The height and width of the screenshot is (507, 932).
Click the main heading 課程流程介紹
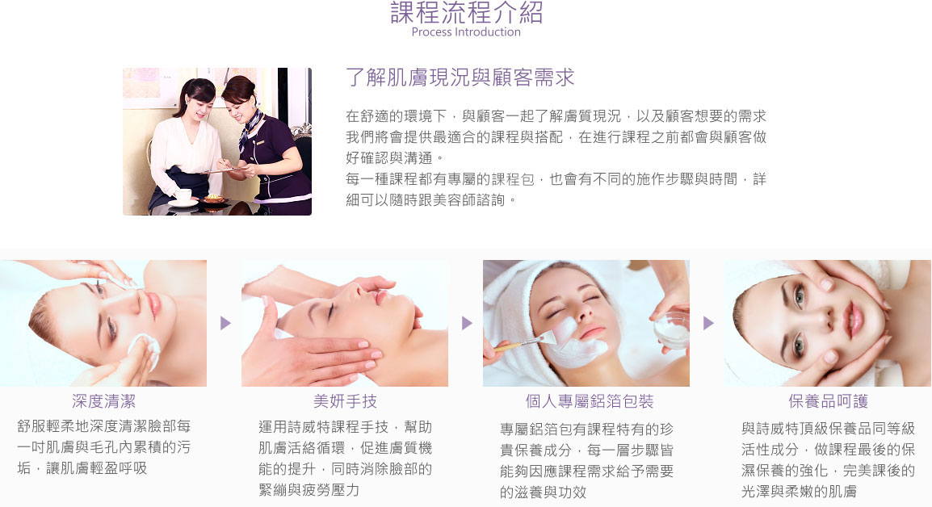click(466, 12)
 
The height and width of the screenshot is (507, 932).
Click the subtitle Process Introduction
click(466, 32)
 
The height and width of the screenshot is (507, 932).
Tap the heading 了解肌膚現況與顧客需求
click(460, 78)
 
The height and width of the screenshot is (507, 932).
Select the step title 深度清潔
click(104, 401)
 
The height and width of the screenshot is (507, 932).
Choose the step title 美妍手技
click(346, 401)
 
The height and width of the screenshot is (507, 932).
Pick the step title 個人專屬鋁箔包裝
click(590, 401)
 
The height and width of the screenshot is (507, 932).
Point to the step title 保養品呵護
click(828, 401)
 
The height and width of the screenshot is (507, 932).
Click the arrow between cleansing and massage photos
click(225, 323)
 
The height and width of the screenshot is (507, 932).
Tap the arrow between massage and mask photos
click(467, 323)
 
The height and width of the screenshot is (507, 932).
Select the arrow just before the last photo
click(708, 323)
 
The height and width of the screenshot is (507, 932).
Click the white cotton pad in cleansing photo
click(145, 350)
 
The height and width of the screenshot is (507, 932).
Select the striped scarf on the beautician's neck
click(250, 128)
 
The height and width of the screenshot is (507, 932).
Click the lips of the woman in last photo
click(854, 319)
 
